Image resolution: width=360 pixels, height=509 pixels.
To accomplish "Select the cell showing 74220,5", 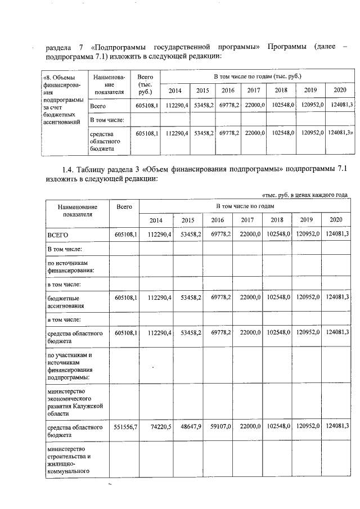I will pyautogui.click(x=159, y=427).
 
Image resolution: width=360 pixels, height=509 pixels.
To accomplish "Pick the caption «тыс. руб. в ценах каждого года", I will pyautogui.click(x=304, y=195).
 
